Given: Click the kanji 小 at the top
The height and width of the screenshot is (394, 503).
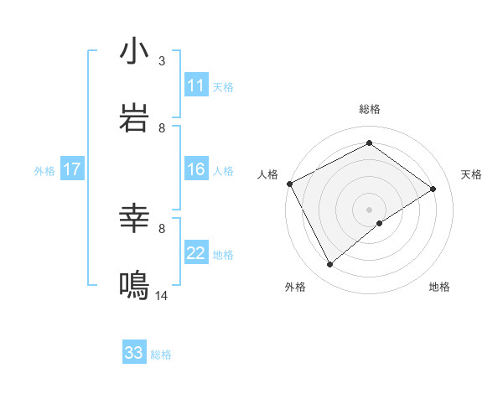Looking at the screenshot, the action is [134, 52].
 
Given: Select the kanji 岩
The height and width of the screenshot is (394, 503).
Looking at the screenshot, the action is [134, 118].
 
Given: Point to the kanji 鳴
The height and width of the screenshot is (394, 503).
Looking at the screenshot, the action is [134, 286].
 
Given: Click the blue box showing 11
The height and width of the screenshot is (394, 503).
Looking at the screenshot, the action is [196, 86].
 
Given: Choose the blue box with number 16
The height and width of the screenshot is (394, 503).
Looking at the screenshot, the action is [196, 170].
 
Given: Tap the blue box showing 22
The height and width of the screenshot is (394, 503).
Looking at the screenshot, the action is [196, 254].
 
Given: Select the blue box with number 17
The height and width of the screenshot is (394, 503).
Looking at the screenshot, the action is [71, 170].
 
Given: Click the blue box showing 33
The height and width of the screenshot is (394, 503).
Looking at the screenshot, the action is [134, 353].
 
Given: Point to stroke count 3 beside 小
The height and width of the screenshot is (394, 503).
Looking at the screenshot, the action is [162, 61].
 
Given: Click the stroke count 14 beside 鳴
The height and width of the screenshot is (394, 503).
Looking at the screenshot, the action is [162, 296].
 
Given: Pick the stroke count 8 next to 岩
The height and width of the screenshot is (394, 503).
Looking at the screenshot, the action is [162, 128].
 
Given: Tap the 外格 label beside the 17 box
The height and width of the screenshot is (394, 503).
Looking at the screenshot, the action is [44, 171].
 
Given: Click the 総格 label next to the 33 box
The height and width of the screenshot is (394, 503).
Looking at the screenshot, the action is [161, 355].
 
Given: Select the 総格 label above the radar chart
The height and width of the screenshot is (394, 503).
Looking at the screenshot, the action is [370, 109].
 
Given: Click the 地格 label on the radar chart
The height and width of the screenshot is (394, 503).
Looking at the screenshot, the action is [439, 287].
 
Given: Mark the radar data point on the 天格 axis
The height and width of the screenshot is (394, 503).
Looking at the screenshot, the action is [433, 189].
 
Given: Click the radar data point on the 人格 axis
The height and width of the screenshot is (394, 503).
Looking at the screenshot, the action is [289, 184].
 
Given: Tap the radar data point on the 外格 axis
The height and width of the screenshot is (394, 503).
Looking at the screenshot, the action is [329, 265].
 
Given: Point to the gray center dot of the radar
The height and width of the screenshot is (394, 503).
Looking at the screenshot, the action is [370, 210].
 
